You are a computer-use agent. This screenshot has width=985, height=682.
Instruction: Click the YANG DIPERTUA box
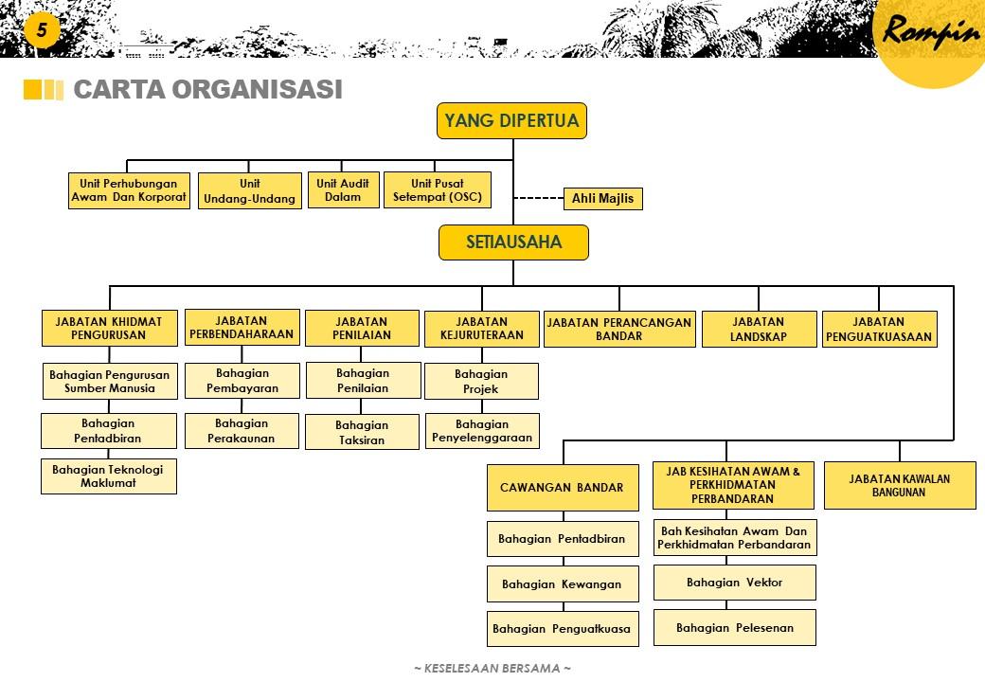pos(512,121)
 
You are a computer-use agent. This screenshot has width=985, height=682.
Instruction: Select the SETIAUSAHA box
pos(513,242)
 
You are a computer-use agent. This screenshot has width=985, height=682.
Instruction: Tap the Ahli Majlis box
pos(602,199)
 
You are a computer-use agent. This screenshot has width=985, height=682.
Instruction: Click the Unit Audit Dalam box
pos(343,190)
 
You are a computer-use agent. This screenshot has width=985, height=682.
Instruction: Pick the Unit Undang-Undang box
pos(250,191)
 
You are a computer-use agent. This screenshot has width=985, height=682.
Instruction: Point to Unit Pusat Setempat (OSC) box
pos(438,190)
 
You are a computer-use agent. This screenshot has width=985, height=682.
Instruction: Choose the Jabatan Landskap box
pos(759,330)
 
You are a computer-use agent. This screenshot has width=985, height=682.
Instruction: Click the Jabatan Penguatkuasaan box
pos(879,330)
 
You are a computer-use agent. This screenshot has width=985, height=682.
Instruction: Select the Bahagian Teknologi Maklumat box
pos(108,476)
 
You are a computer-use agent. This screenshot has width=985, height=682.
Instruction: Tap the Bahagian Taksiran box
pos(362,433)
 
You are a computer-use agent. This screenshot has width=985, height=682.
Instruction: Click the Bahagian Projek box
pos(481,382)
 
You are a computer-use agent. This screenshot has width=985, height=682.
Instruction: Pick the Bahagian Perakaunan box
pos(242,431)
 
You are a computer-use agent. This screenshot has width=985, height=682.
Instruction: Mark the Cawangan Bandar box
pos(562,487)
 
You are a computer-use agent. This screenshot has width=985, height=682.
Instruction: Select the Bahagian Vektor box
pos(734,583)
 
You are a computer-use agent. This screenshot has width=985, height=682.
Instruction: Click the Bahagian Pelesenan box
pos(734,627)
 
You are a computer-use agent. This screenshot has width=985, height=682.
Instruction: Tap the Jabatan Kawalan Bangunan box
pos(899,485)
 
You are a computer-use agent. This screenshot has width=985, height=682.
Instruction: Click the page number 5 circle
pos(41,30)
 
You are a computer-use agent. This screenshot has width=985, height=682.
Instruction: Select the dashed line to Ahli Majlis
pos(537,199)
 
